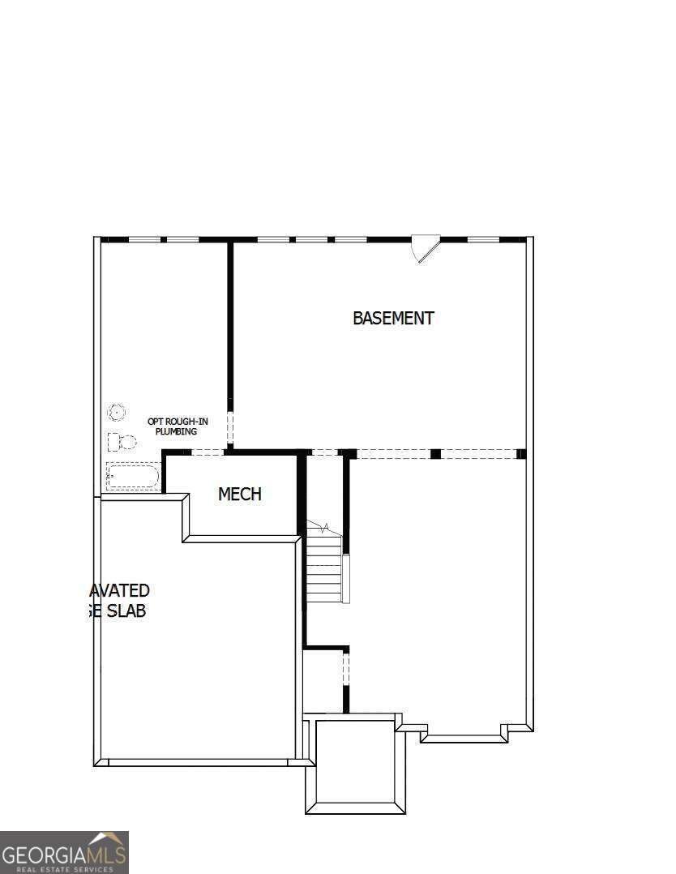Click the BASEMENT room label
393,318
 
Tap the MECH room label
240,494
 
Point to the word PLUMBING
177,431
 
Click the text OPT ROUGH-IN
177,421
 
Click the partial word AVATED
119,590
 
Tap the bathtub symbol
132,476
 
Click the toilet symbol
121,442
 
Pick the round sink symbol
117,413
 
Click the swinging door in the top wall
424,248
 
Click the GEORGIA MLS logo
64,852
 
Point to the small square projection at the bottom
355,764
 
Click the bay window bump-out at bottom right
464,733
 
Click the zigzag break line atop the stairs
318,529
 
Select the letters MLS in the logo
106,855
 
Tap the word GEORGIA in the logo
45,855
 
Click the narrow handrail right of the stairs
346,578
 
